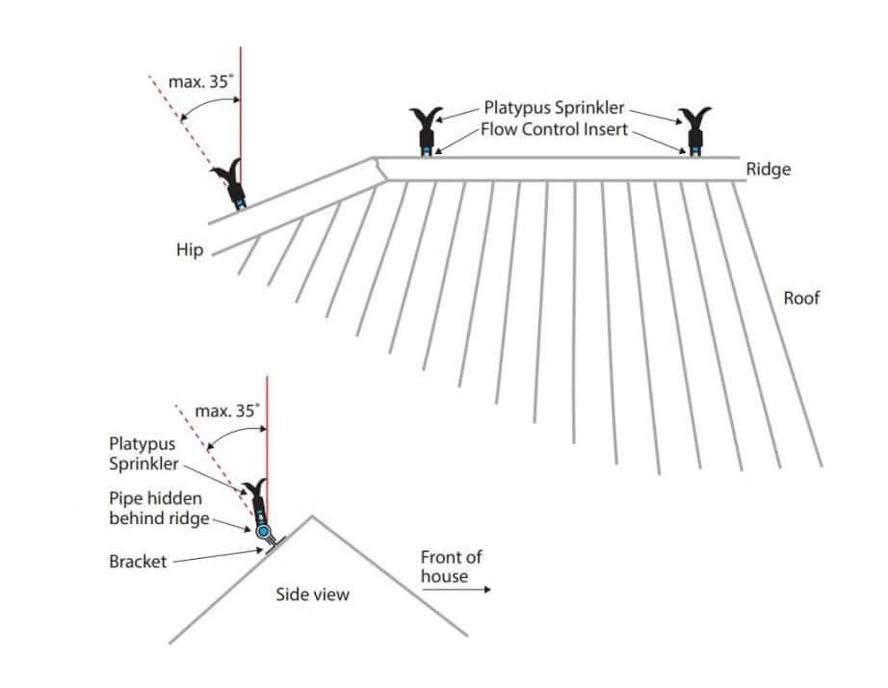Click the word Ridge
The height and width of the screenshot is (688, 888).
768,170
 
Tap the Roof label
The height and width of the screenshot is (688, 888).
801,298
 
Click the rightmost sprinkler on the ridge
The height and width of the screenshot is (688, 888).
693,131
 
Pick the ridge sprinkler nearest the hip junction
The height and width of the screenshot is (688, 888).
425,131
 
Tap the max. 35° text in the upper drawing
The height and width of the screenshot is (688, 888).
200,82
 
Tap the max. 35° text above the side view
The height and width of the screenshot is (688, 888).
227,410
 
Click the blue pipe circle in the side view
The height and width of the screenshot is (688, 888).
263,531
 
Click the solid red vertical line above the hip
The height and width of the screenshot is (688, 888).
240,106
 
